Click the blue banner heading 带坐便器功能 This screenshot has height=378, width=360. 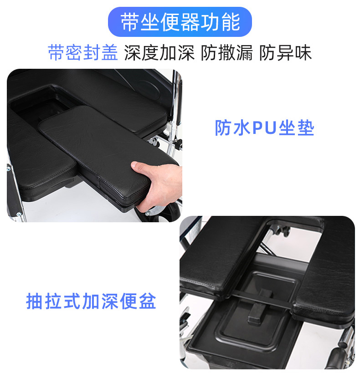tap(180, 22)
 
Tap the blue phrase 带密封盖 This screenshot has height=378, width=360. tap(83, 52)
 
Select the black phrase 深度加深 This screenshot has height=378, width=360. tap(159, 52)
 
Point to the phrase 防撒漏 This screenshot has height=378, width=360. tap(227, 52)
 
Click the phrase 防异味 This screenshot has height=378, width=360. tap(285, 52)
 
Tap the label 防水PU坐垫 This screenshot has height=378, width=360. tap(264, 128)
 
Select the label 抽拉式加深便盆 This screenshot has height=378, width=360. tap(91, 301)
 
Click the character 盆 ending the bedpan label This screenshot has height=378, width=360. tap(148, 301)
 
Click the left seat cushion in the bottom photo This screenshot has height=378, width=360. tap(217, 255)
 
